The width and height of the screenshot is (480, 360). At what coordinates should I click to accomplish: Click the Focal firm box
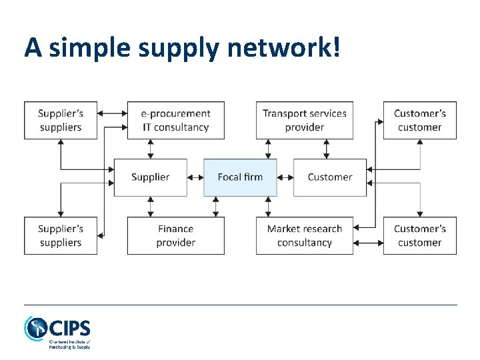pos(240,177)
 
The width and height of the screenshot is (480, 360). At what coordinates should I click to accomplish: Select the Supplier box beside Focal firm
pos(151,177)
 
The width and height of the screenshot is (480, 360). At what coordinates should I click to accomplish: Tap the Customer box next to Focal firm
pos(330,177)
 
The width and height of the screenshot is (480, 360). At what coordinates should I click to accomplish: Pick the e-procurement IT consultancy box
pos(176,121)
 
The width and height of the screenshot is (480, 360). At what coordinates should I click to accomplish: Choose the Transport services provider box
pos(305,121)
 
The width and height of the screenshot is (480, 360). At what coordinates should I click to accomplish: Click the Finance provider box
pos(176,235)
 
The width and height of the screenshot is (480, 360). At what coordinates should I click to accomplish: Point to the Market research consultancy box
pos(305,235)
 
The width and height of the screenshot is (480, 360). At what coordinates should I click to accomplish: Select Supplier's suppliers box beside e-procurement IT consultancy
pos(61,121)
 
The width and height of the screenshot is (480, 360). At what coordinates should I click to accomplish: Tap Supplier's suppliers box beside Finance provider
pos(61,235)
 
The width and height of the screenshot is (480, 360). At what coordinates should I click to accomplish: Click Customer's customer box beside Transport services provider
pos(420,121)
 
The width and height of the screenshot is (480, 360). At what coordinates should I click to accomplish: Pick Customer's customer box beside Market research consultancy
pos(420,235)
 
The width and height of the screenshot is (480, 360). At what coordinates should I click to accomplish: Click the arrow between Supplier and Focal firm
pos(195,177)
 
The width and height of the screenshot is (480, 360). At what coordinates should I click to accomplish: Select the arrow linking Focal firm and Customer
pos(285,177)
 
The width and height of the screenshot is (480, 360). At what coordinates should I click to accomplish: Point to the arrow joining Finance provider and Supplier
pos(151,207)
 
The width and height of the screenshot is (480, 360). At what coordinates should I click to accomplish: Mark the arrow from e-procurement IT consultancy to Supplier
pos(151,149)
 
